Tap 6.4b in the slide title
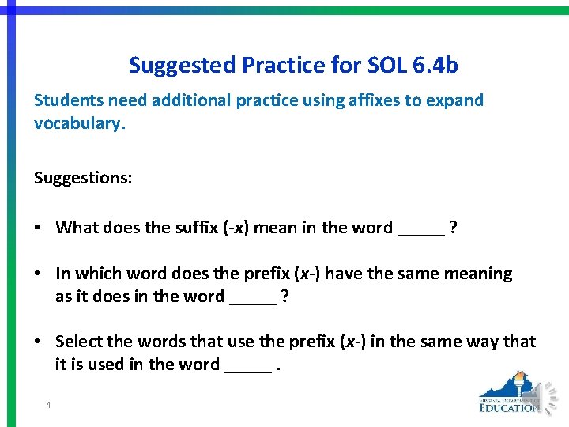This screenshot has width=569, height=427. [435, 65]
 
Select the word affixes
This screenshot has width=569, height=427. [375, 100]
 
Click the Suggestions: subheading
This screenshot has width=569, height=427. [83, 178]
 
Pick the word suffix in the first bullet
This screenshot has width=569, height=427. [194, 228]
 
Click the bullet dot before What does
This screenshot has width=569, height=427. [39, 228]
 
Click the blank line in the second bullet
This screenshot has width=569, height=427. [252, 302]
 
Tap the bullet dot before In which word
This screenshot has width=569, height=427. [39, 274]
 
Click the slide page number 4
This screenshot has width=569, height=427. [48, 406]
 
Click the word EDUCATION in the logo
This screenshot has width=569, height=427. [511, 408]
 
